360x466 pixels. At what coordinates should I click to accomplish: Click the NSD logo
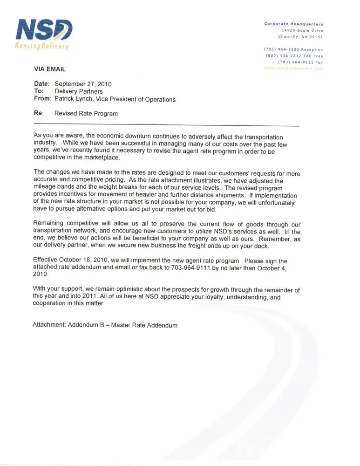point(44,30)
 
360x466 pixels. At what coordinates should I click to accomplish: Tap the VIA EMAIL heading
point(50,69)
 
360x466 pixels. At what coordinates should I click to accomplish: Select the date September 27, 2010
point(83,84)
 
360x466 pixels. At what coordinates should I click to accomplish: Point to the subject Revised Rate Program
point(86,113)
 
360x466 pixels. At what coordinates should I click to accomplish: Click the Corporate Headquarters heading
point(293,24)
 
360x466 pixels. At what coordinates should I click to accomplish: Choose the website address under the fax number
point(293,68)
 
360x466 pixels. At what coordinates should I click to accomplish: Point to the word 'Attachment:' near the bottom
point(49,325)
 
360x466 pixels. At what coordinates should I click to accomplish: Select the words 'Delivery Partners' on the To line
point(79,92)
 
